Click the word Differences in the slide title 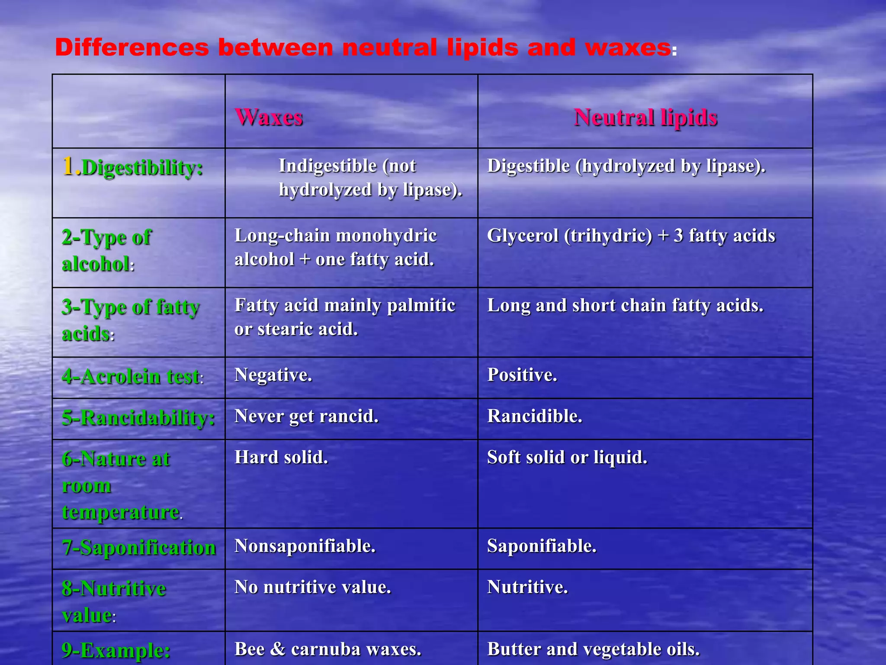pyautogui.click(x=132, y=47)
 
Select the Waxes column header pyautogui.click(x=269, y=117)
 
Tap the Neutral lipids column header pyautogui.click(x=645, y=117)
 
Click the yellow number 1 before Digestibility pyautogui.click(x=68, y=166)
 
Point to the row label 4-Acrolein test pyautogui.click(x=132, y=376)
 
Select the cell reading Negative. pyautogui.click(x=273, y=375)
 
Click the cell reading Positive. pyautogui.click(x=522, y=375)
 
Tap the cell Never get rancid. pyautogui.click(x=306, y=416)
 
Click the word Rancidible pyautogui.click(x=534, y=416)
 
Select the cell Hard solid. pyautogui.click(x=281, y=457)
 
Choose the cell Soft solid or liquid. pyautogui.click(x=567, y=457)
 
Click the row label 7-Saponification pyautogui.click(x=138, y=547)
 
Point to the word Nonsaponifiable pyautogui.click(x=305, y=546)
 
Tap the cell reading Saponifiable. pyautogui.click(x=542, y=546)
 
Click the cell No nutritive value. pyautogui.click(x=312, y=587)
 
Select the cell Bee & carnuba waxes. pyautogui.click(x=327, y=649)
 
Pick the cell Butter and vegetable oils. pyautogui.click(x=593, y=649)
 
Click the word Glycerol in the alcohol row pyautogui.click(x=523, y=236)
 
